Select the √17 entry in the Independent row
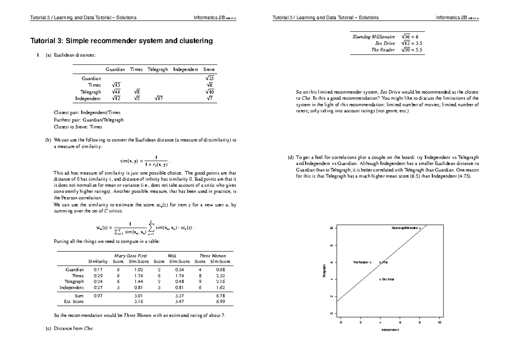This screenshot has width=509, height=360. click(157, 99)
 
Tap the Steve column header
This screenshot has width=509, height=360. click(209, 69)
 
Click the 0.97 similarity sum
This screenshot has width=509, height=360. click(98, 295)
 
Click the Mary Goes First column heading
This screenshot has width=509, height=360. click(127, 256)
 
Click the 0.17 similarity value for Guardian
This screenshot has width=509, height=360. click(98, 269)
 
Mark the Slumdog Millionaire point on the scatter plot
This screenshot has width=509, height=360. click(420, 229)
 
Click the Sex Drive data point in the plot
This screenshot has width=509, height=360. click(380, 279)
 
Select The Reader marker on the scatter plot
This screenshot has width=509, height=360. click(370, 262)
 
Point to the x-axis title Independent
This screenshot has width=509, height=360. click(390, 329)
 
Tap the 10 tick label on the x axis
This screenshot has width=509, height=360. click(439, 323)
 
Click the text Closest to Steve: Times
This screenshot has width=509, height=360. click(77, 127)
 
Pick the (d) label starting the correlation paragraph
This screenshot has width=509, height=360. click(291, 157)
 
